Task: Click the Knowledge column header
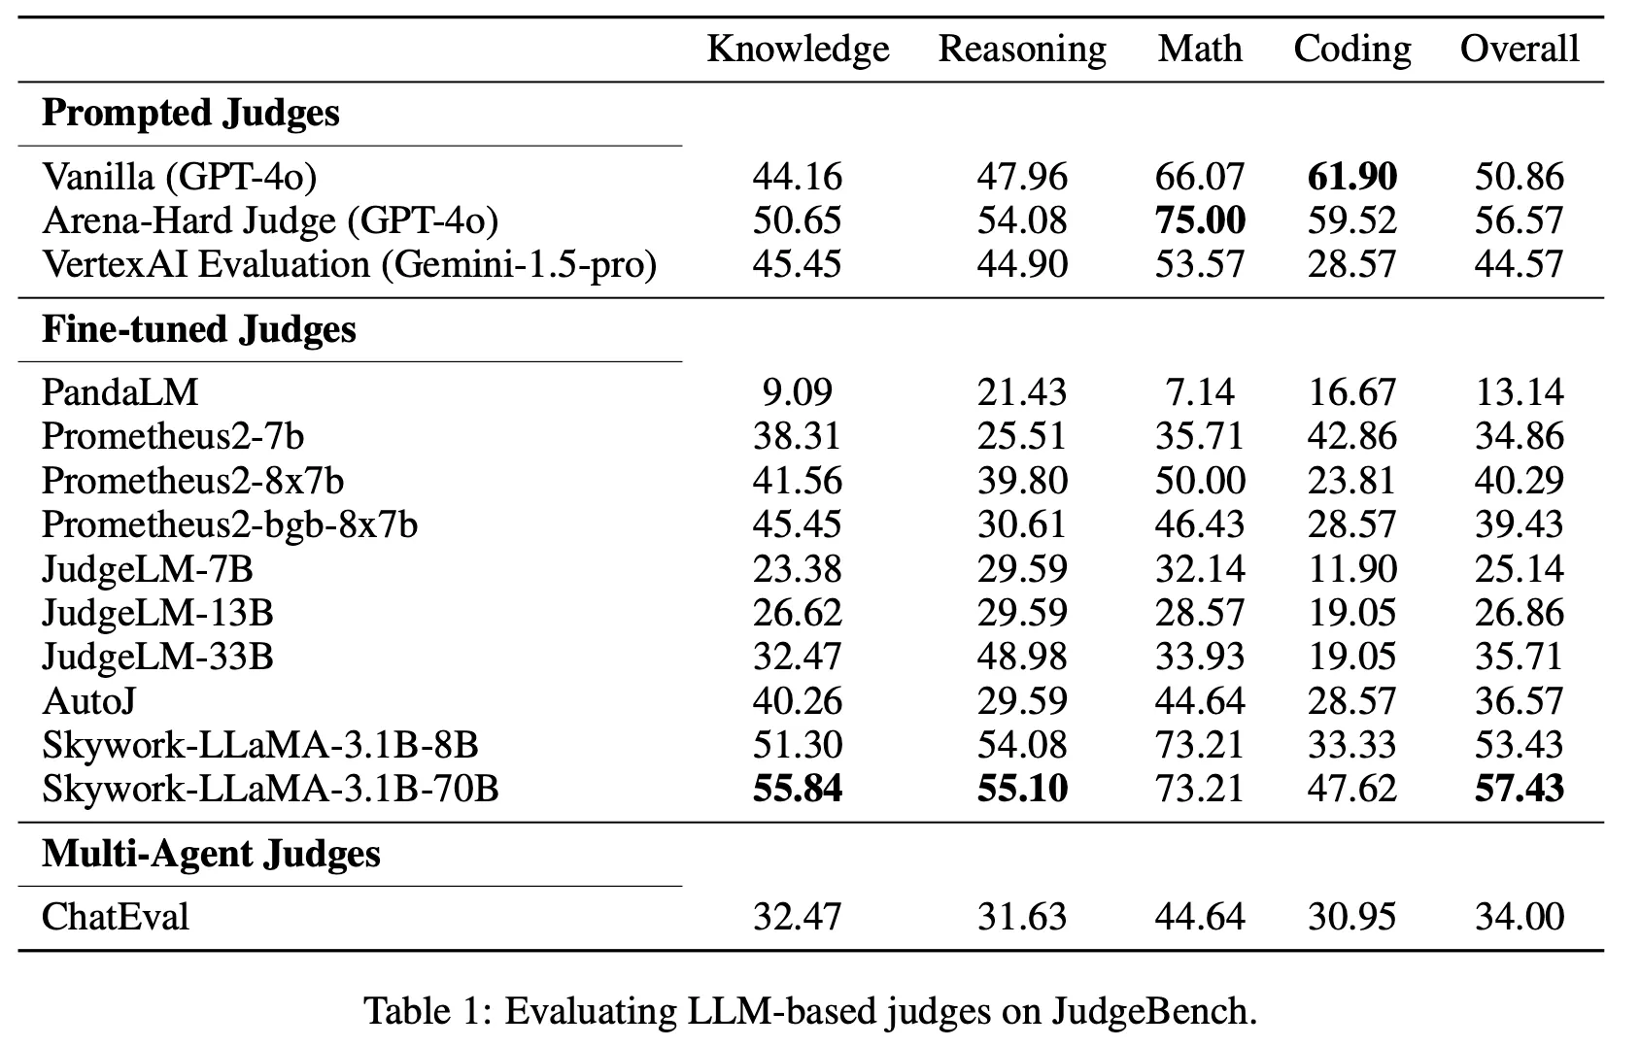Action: point(798,49)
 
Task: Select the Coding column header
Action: point(1351,49)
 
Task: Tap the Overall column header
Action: point(1520,49)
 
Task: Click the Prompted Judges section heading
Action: point(190,113)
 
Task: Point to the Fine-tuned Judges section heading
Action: point(198,329)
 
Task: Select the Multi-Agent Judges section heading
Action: point(211,854)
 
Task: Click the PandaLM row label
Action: point(120,391)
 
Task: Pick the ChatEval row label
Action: point(115,916)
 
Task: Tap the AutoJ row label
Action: point(82,700)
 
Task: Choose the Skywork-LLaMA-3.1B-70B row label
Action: point(270,788)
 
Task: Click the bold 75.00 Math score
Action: point(1200,220)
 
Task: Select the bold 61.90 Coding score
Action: point(1351,176)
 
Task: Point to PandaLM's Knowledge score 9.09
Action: point(798,391)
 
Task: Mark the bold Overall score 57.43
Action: point(1520,788)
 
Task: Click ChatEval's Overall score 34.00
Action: point(1520,916)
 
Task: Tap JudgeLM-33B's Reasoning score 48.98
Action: point(1022,656)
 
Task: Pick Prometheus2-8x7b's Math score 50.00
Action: point(1200,480)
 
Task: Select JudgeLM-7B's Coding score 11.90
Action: point(1351,568)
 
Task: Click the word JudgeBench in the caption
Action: point(1152,1011)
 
